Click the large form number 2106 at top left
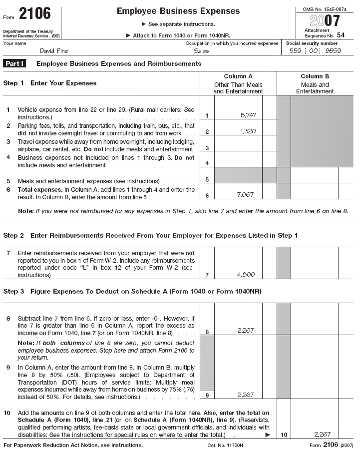point(34,13)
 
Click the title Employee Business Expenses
point(178,11)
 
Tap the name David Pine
point(54,51)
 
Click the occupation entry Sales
point(201,51)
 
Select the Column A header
point(238,76)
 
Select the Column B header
point(315,76)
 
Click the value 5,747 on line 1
point(248,115)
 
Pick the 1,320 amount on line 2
point(248,131)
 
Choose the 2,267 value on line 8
point(245,330)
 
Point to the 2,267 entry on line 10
point(322,435)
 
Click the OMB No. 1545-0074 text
point(325,9)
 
